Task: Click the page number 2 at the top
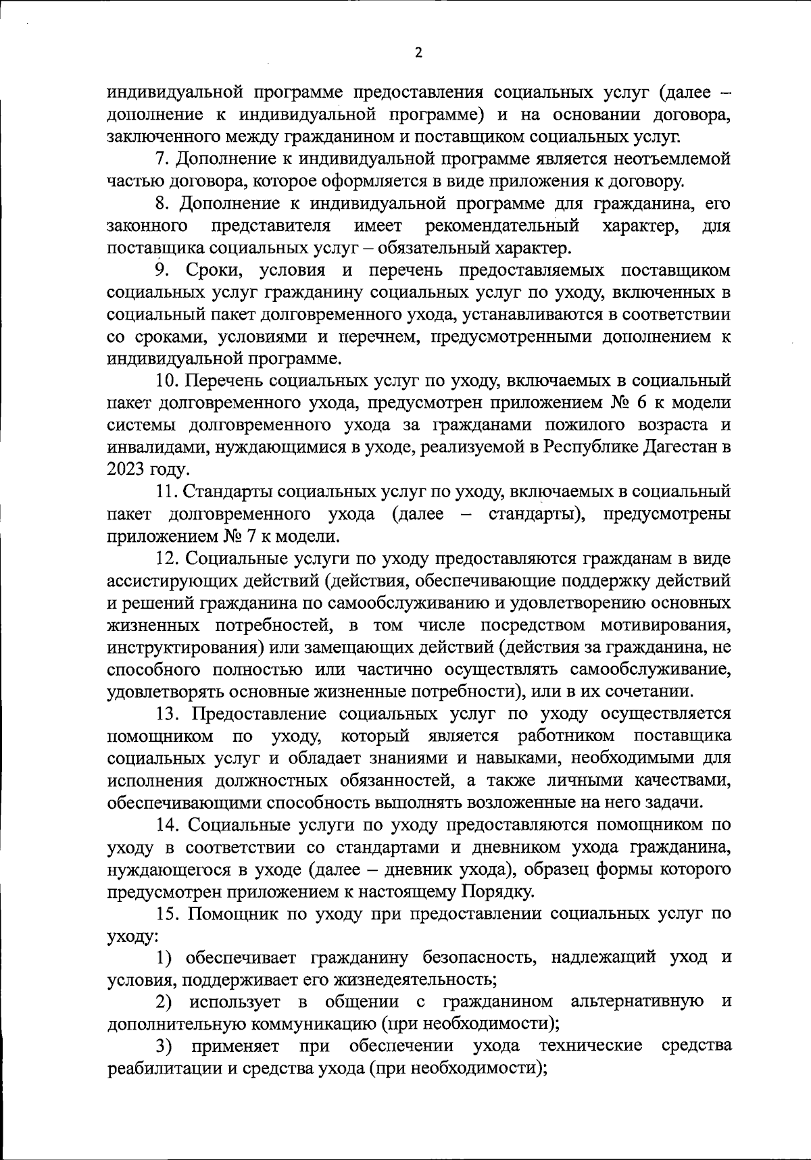[418, 53]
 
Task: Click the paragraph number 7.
[160, 159]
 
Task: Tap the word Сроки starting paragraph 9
[205, 270]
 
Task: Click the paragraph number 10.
[166, 381]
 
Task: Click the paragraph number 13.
[166, 713]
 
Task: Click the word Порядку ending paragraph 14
[497, 892]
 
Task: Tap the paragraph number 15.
[166, 913]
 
